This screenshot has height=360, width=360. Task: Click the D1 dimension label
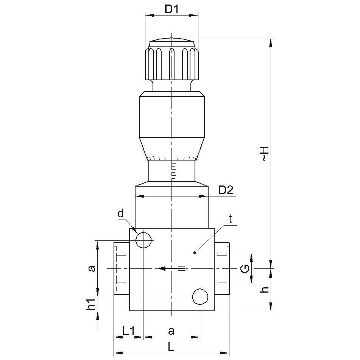point(171,9)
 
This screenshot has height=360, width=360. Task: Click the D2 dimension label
point(226,190)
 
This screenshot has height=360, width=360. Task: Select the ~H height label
point(265,154)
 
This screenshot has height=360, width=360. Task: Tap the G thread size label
point(245,268)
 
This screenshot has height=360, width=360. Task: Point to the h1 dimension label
point(91,304)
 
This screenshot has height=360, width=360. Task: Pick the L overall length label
point(171,348)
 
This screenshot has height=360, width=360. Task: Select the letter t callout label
point(231,219)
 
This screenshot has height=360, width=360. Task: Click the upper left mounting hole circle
point(144,240)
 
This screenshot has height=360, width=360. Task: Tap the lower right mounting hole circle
point(200,296)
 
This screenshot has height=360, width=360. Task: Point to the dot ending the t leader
point(195,253)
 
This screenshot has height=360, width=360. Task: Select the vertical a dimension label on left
point(92,268)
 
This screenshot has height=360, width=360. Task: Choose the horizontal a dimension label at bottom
point(171,332)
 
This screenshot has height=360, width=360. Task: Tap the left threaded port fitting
point(122,268)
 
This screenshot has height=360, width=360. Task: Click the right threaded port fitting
point(222,268)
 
